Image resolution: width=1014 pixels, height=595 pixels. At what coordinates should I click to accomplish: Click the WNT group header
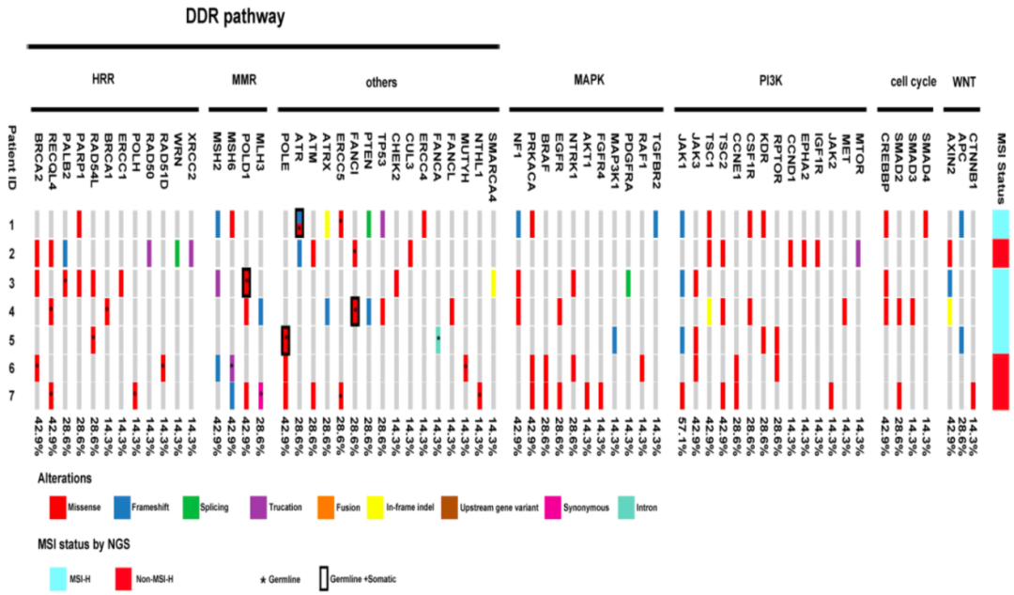[x=964, y=82]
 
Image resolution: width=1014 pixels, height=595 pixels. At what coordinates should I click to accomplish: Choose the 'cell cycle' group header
[x=913, y=82]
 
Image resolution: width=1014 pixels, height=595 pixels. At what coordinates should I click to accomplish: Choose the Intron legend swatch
[x=625, y=508]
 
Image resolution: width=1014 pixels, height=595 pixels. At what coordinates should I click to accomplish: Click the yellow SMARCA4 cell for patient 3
[x=493, y=283]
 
